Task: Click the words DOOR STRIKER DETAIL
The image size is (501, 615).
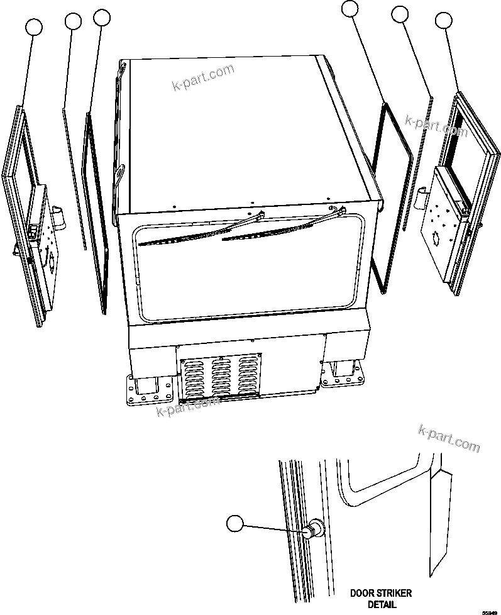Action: click(382, 598)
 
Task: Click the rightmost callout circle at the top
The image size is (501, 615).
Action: click(444, 20)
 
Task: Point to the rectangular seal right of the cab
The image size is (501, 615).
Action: click(390, 195)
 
